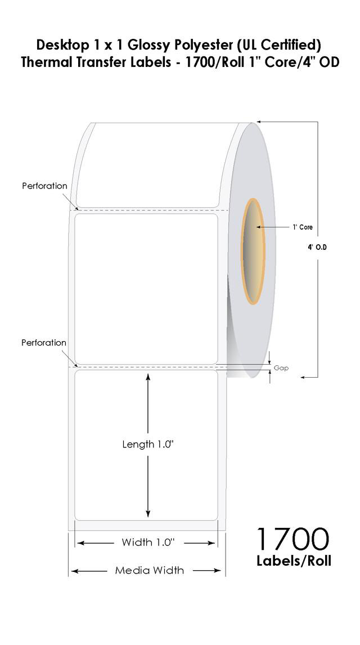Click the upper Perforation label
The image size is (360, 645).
click(44, 186)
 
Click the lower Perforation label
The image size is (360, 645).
click(43, 343)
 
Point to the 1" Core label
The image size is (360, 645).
click(303, 227)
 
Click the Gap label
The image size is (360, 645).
click(281, 368)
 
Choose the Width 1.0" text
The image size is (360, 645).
click(148, 543)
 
